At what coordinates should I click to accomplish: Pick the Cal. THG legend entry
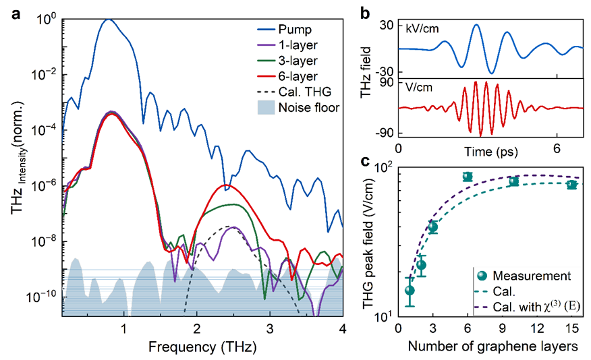[x=305, y=92]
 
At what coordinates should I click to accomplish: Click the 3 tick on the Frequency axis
[x=270, y=329]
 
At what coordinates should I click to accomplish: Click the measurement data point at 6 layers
[x=467, y=177]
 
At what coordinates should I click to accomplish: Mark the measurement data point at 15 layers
[x=572, y=185]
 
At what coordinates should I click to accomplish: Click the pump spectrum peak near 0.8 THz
[x=108, y=20]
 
